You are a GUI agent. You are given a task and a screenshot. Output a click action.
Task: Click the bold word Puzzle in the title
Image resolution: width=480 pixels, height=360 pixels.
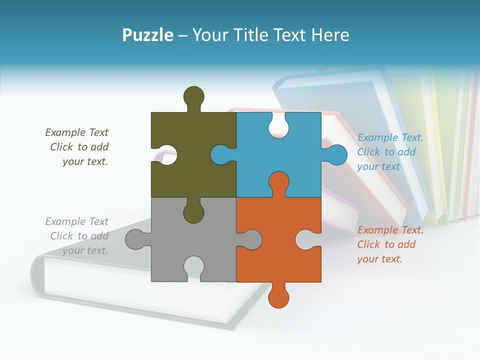point(148,35)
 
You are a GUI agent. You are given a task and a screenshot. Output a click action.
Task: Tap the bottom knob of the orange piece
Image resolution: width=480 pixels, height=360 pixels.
point(278,297)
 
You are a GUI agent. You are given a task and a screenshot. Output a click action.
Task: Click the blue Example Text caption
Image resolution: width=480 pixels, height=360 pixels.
point(390,152)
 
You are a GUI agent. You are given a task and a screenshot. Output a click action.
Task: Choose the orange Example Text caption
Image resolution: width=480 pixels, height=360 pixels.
point(390,244)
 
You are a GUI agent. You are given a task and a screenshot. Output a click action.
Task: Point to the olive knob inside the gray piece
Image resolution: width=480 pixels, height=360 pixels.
point(193,212)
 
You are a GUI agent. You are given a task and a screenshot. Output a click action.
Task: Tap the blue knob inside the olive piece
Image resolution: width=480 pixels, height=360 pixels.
point(221,154)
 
